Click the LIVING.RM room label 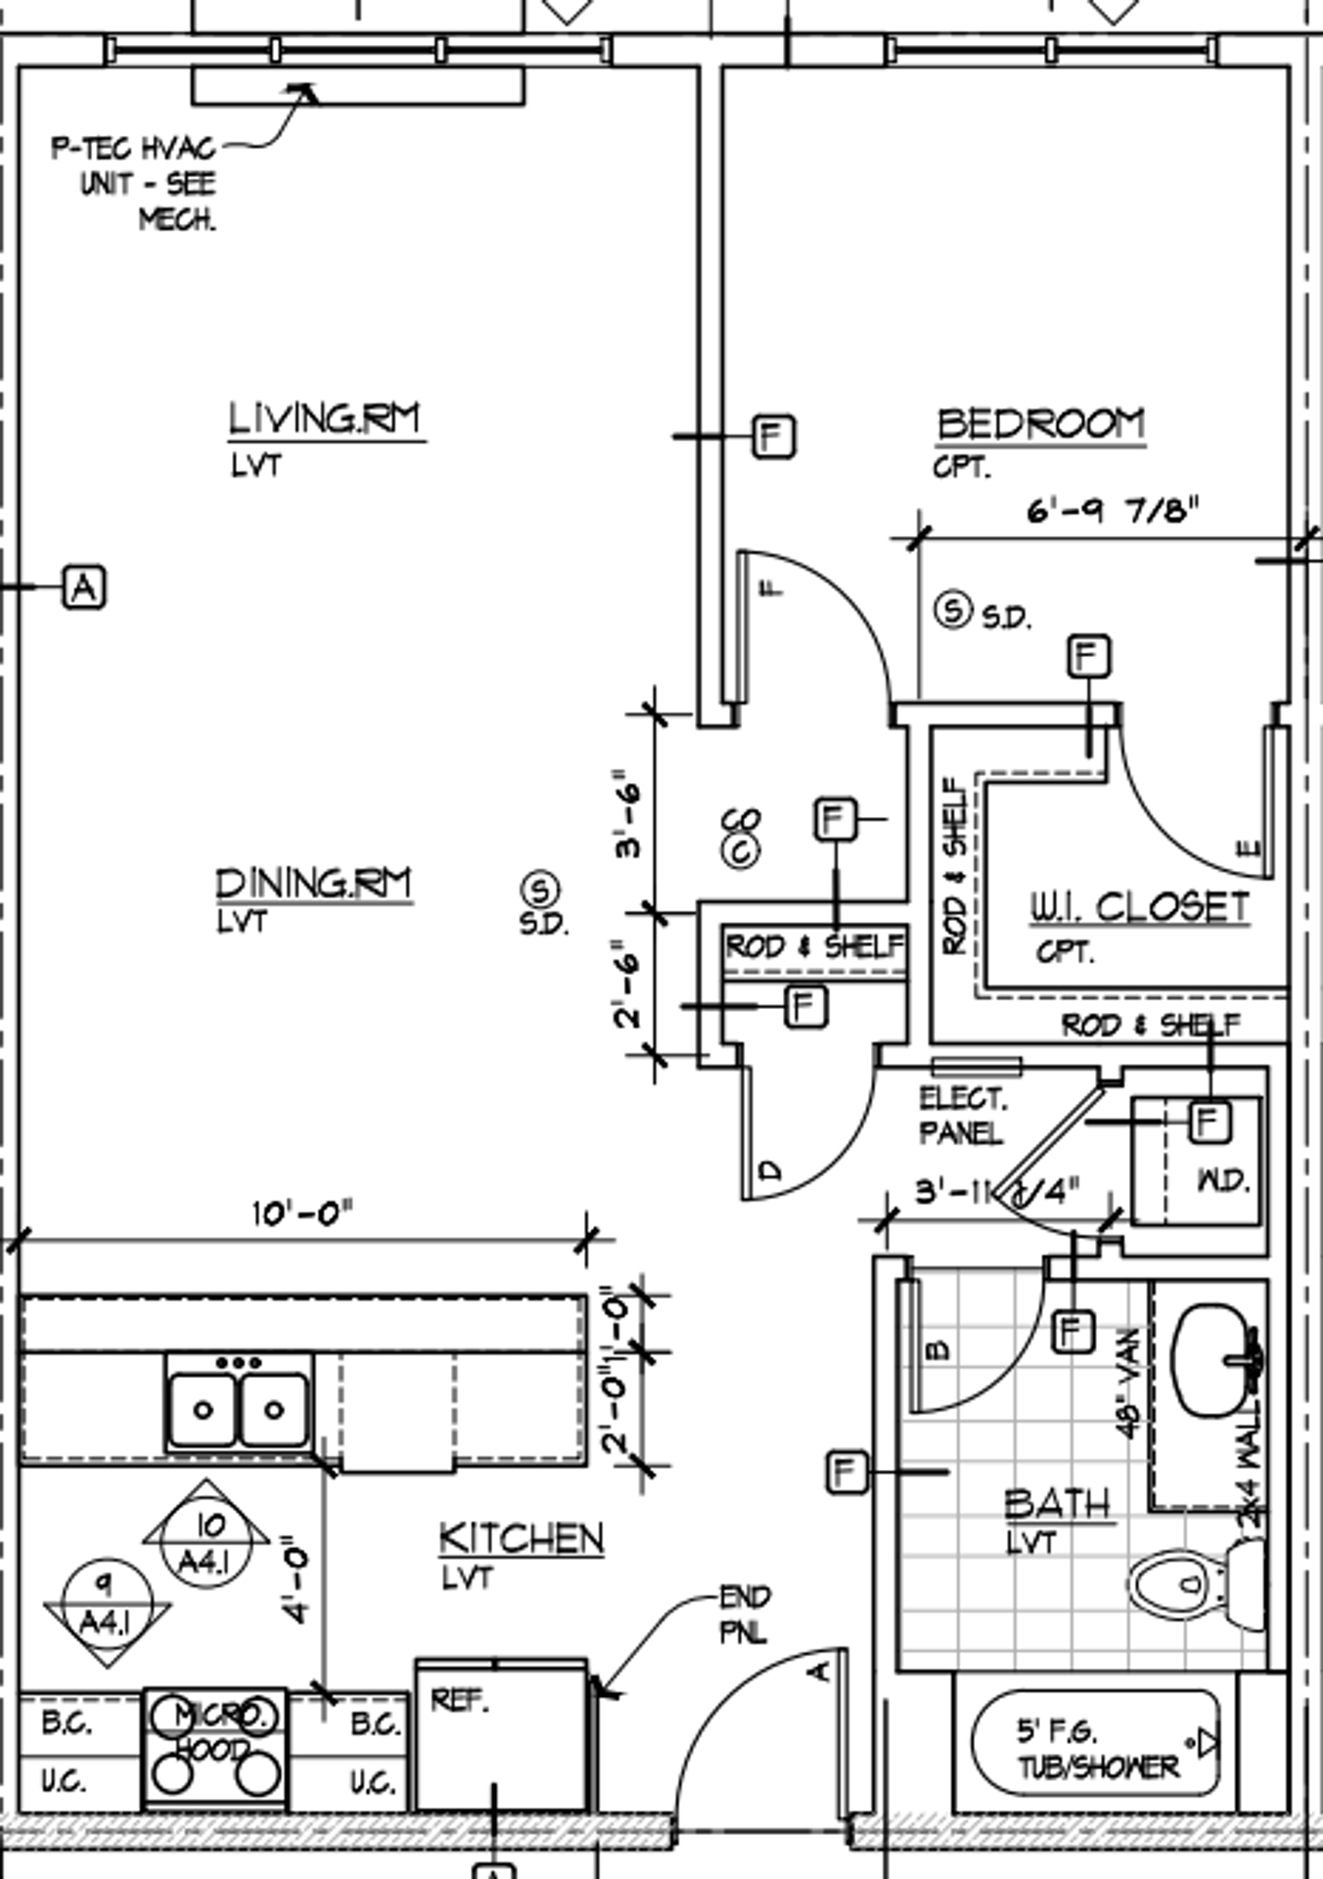pyautogui.click(x=325, y=419)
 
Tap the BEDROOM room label pyautogui.click(x=1041, y=424)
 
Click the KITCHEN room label pyautogui.click(x=522, y=1539)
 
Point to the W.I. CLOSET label pyautogui.click(x=1139, y=907)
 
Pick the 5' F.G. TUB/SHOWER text pyautogui.click(x=1097, y=1749)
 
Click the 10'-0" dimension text pyautogui.click(x=301, y=1214)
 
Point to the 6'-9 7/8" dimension pyautogui.click(x=1113, y=511)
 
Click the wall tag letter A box pyautogui.click(x=84, y=587)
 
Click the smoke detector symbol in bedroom pyautogui.click(x=952, y=610)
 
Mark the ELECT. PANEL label pyautogui.click(x=962, y=1116)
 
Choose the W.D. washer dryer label pyautogui.click(x=1223, y=1181)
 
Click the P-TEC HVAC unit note pyautogui.click(x=135, y=184)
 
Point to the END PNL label pyautogui.click(x=745, y=1614)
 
